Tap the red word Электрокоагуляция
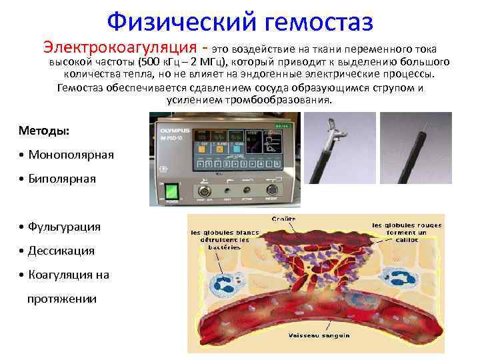[x=121, y=49]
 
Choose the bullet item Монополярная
[x=70, y=154]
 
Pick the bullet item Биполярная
[x=64, y=179]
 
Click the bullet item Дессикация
[x=61, y=251]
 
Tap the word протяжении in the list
[x=61, y=299]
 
